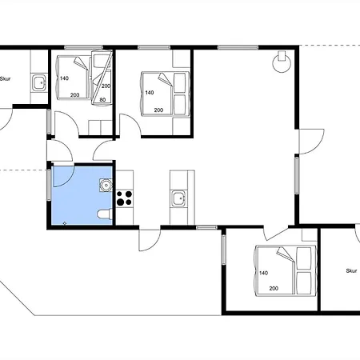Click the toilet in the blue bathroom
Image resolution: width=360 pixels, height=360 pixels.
pos(105,214)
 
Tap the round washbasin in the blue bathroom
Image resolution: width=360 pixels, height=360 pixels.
pos(106,185)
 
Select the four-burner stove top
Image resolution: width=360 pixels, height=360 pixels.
pos(125,198)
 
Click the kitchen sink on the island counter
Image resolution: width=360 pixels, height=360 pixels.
pos(179,199)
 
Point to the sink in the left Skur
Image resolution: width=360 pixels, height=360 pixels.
pos(39,82)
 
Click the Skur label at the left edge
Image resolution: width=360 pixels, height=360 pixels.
pos(5,78)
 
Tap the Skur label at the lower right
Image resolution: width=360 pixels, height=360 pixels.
pos(351,271)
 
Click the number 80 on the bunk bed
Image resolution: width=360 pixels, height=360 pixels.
pos(102,100)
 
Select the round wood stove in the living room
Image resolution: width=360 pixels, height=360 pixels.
pos(282,62)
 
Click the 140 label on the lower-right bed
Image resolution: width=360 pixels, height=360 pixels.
pos(263,273)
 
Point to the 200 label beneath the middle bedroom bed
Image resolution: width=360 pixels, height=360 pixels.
pos(158,110)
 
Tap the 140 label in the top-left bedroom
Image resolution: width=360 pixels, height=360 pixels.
pos(64,78)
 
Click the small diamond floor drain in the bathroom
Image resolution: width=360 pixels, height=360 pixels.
pos(65,223)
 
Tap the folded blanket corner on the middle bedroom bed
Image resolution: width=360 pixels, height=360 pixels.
pos(164,78)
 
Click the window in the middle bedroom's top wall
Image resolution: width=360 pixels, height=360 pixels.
pos(154,48)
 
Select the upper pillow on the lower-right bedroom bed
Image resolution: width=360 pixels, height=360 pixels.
pos(304,258)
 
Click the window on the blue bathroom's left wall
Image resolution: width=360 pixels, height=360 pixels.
pos(49,185)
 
